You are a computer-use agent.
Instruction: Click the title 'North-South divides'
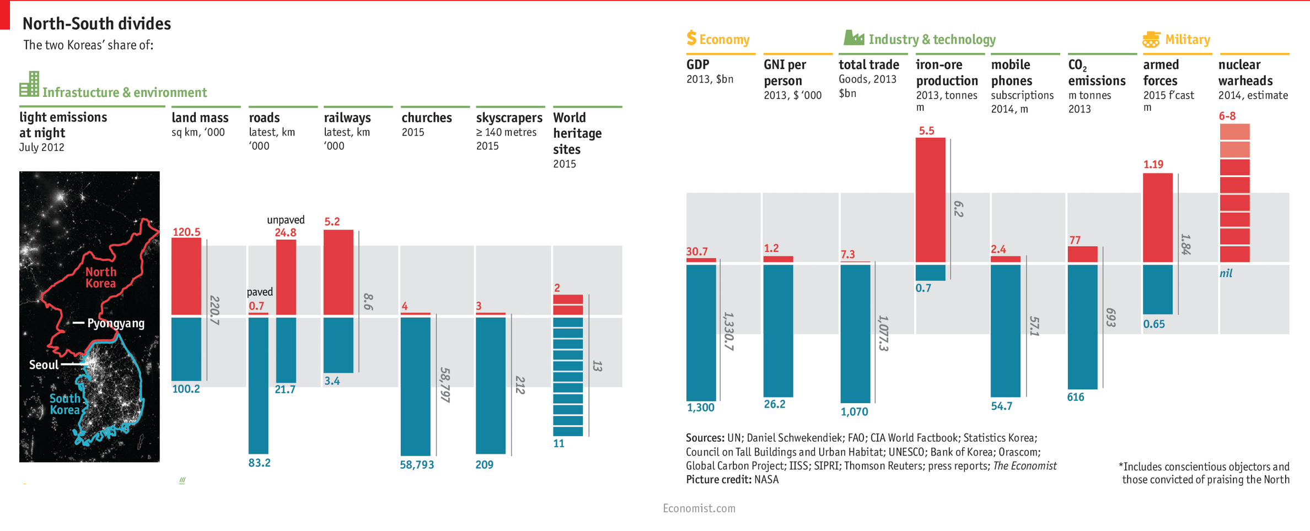pos(96,24)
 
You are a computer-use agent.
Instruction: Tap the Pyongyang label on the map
pos(116,323)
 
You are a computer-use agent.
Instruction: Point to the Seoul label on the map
pos(44,365)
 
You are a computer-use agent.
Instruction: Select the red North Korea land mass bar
pos(186,276)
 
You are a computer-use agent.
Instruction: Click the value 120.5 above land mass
pos(186,232)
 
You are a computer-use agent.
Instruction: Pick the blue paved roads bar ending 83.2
pos(259,385)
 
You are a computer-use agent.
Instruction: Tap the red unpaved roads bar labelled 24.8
pos(286,277)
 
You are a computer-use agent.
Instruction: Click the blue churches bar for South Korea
pos(415,386)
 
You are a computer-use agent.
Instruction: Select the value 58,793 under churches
pos(417,465)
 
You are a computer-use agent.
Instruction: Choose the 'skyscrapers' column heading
pos(509,118)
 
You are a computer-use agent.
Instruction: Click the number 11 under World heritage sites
pos(559,444)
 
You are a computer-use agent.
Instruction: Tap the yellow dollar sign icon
pos(691,38)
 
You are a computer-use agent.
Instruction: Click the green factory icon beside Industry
pos(853,38)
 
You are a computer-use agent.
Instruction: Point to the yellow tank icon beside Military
pos(1151,39)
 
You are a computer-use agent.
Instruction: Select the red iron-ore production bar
pos(931,199)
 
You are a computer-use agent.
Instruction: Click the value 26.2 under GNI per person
pos(774,404)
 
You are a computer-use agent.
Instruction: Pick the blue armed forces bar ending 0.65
pos(1158,289)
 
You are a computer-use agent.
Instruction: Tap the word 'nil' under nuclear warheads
pos(1226,274)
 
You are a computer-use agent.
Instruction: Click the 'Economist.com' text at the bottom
pos(699,508)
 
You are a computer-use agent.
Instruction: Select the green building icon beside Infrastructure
pos(29,84)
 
